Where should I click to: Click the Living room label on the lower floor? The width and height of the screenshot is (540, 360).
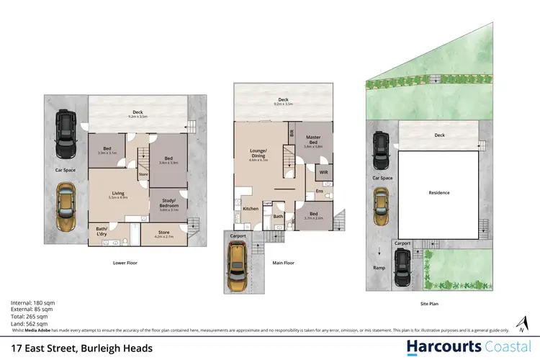click(118, 193)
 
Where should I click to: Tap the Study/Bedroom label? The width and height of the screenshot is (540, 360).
click(168, 207)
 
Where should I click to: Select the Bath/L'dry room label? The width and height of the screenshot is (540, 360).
click(101, 231)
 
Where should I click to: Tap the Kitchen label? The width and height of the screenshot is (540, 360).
click(250, 209)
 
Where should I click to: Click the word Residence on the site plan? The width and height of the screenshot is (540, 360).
click(438, 192)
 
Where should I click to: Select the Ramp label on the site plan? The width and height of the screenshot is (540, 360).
click(379, 268)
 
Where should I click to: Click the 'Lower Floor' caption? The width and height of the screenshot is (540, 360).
click(125, 263)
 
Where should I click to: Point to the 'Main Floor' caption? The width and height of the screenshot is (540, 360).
click(284, 263)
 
